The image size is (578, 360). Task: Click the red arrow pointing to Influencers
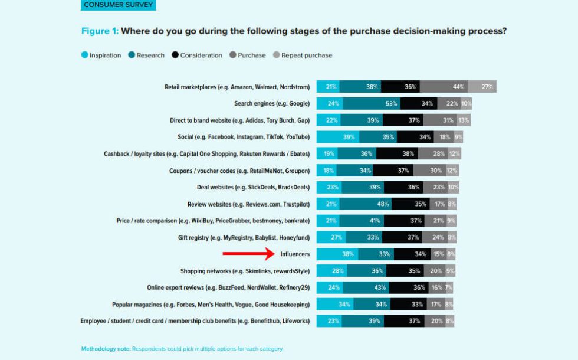click(248, 254)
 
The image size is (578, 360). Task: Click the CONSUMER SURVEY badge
click(118, 5)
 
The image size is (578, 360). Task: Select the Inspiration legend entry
click(101, 55)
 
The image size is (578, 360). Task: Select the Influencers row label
click(295, 254)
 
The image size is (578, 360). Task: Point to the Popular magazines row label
click(211, 305)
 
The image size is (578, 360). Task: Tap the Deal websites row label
click(253, 187)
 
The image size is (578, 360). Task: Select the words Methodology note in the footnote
click(106, 349)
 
